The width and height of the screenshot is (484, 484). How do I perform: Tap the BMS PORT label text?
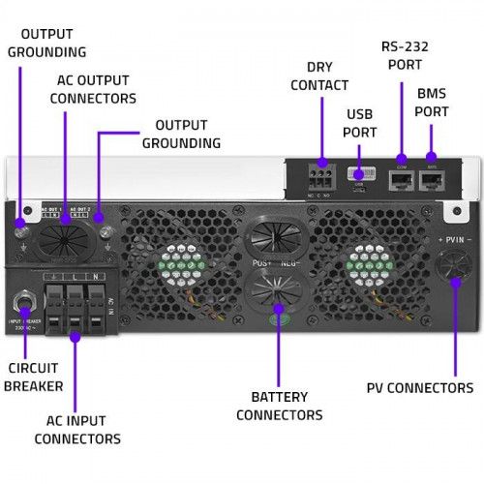tap(431, 104)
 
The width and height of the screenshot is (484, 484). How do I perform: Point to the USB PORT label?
tap(359, 123)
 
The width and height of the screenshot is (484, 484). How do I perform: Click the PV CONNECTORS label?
tap(419, 388)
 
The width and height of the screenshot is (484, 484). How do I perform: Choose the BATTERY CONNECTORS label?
tap(279, 406)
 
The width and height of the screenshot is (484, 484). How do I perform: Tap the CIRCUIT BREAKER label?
tap(34, 377)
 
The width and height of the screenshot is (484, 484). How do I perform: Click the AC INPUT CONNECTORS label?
tap(77, 429)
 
